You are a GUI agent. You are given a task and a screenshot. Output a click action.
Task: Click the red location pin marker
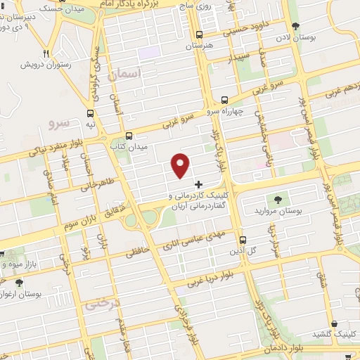181,165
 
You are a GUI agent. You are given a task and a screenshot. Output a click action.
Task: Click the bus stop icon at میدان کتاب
128,136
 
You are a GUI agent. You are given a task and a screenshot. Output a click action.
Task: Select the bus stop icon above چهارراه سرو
224,100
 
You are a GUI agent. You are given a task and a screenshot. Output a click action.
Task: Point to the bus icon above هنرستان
199,34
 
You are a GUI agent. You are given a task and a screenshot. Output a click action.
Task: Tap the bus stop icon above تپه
90,112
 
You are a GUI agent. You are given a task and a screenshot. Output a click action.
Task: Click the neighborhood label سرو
60,123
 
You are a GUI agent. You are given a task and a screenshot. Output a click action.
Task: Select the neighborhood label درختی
98,306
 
